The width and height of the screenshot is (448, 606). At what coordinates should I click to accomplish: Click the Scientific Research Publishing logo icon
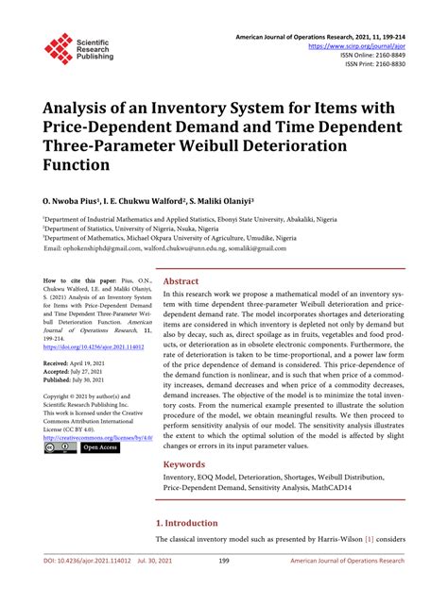[59, 48]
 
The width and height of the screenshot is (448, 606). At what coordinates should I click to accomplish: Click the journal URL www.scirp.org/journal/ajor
[363, 45]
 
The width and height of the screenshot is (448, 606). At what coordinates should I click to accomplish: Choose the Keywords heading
[183, 464]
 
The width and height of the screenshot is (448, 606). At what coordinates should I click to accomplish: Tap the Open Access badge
[98, 447]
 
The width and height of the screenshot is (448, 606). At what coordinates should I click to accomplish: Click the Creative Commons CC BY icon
[59, 447]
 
